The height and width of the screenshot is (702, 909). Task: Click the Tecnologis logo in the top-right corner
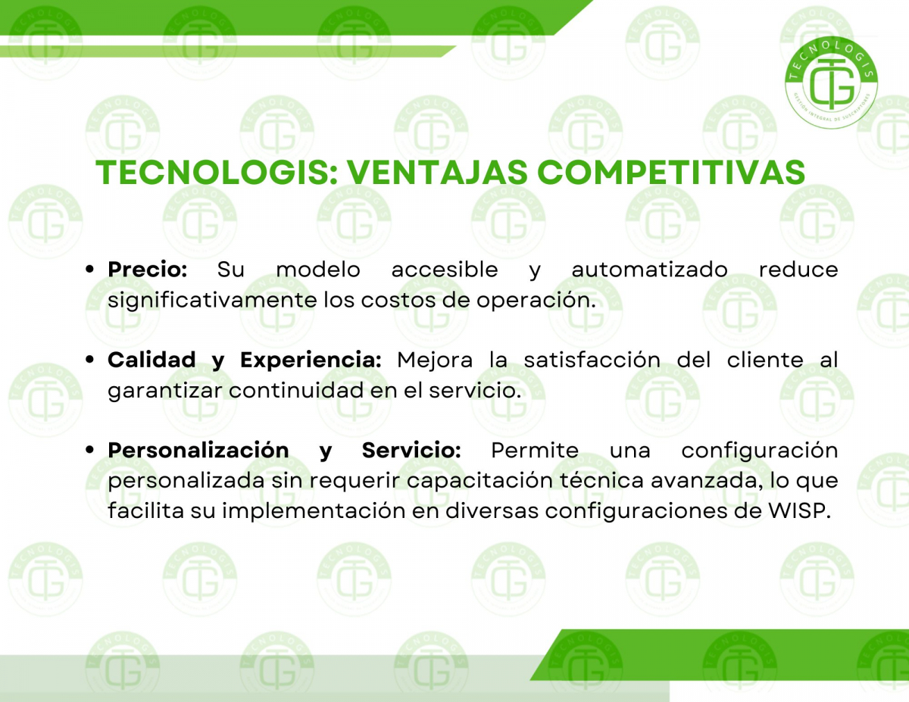click(x=831, y=82)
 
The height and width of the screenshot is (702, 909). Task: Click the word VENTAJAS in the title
click(x=438, y=172)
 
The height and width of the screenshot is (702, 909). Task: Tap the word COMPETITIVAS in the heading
click(x=671, y=172)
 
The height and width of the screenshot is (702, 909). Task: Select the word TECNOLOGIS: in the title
click(x=217, y=172)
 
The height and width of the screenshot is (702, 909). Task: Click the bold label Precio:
click(x=148, y=270)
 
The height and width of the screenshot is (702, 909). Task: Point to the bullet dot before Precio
click(x=89, y=270)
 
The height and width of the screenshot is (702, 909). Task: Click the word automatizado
click(x=650, y=270)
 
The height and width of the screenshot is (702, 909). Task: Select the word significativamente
click(x=213, y=301)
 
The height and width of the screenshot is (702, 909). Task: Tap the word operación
click(x=536, y=301)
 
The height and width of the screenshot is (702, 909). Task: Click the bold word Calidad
click(x=151, y=360)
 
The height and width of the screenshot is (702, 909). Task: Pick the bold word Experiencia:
click(x=311, y=360)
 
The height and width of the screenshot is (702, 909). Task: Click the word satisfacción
click(x=592, y=360)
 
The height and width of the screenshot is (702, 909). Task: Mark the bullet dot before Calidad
click(x=89, y=360)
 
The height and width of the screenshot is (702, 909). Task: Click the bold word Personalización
click(x=198, y=451)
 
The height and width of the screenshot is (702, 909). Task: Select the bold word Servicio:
click(x=411, y=451)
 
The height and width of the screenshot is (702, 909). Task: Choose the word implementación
click(x=314, y=511)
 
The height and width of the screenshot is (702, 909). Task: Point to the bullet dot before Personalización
click(x=89, y=450)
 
